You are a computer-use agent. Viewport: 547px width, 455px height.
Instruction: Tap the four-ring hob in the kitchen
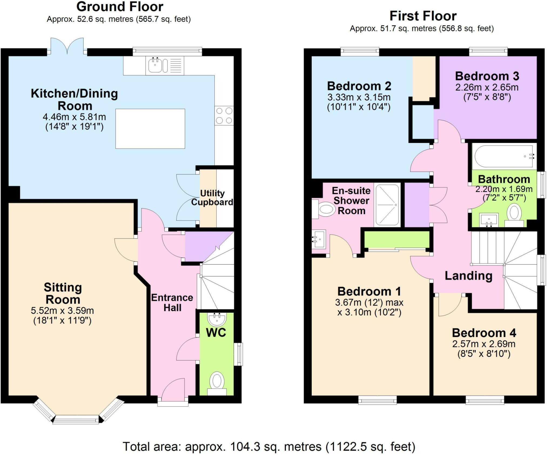point(224,116)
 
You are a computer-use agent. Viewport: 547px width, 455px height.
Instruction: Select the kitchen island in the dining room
point(150,129)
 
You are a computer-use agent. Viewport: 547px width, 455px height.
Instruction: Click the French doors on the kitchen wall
point(67,47)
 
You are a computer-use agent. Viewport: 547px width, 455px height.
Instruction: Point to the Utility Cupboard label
point(212,197)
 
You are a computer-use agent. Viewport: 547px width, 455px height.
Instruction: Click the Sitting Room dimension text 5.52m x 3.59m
point(62,311)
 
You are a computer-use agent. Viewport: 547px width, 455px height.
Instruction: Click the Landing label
point(468,276)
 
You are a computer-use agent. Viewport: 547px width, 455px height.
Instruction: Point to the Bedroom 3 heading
point(487,76)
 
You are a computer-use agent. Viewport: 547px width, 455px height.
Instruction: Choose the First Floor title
point(423,16)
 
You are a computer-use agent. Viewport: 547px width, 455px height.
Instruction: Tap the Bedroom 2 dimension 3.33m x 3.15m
point(359,97)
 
